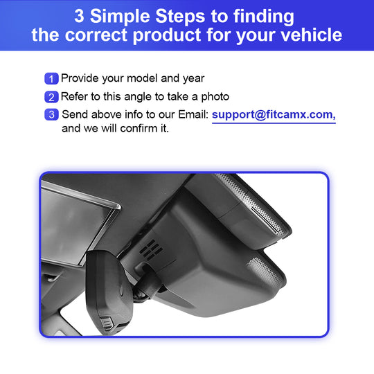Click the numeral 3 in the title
79,16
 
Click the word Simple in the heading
120,17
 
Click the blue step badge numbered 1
51,79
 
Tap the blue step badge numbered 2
51,97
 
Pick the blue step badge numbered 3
51,114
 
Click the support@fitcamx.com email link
274,115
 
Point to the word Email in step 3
193,114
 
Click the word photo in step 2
215,98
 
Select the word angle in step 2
138,98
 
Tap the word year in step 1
194,79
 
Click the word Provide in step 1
80,78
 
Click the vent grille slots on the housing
151,249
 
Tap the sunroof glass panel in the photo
76,224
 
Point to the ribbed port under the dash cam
107,323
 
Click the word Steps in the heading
180,17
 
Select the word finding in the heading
264,17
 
